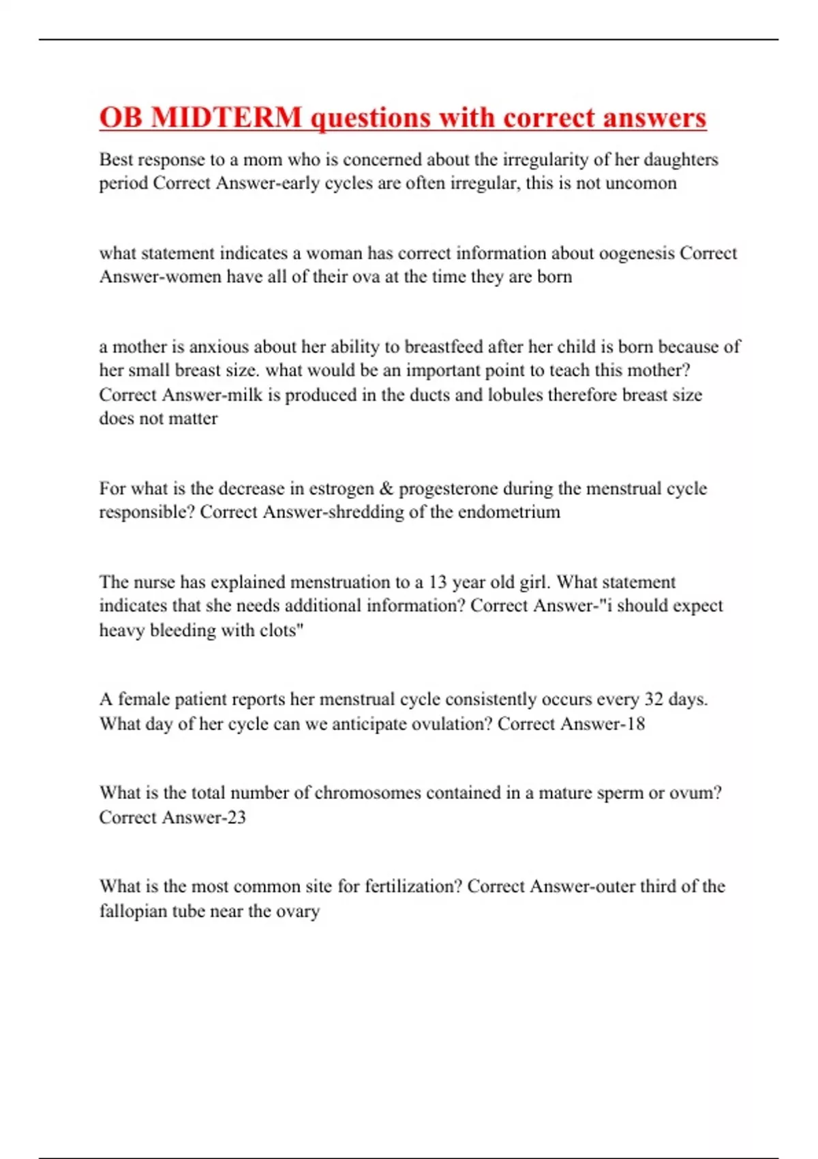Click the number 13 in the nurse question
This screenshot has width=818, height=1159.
click(438, 582)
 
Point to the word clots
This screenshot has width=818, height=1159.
click(281, 630)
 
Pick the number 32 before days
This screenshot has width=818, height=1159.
click(654, 699)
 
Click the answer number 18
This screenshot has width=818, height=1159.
click(635, 724)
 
